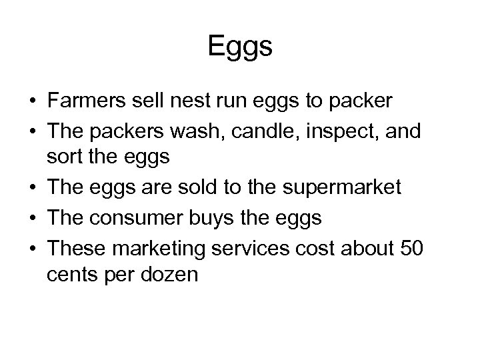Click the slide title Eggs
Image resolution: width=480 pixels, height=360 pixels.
point(240,47)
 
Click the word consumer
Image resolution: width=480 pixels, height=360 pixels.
point(141,217)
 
